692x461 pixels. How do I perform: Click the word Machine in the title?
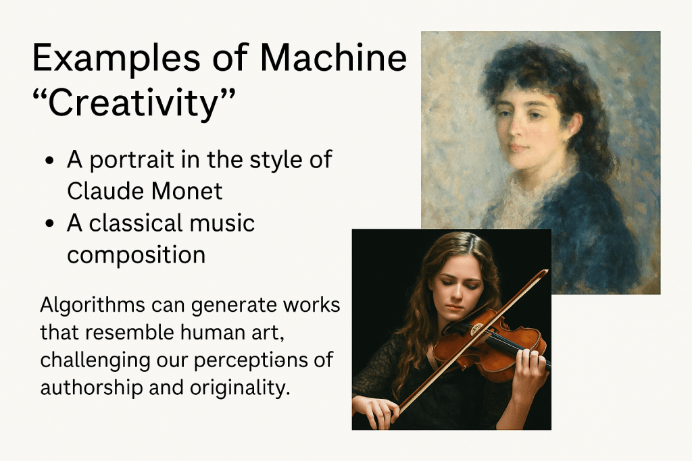(x=333, y=57)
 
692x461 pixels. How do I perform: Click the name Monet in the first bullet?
(x=187, y=191)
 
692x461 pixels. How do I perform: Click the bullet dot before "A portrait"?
(x=50, y=161)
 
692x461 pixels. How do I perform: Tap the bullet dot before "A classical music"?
(x=50, y=223)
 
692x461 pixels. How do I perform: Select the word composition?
(x=137, y=256)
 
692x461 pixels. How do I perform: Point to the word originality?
(x=240, y=389)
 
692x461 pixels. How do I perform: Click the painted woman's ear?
(x=573, y=124)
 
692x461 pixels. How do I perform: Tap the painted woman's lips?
(x=518, y=147)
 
